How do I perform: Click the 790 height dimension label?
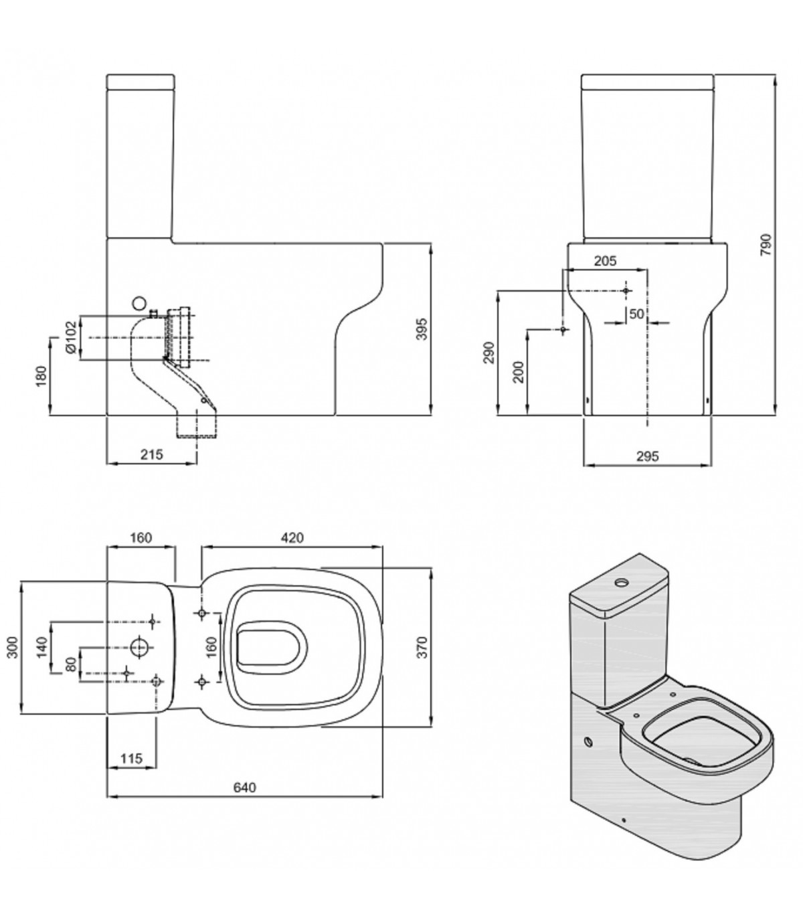tap(767, 245)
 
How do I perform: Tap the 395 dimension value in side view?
tap(422, 329)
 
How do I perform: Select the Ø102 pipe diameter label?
tap(70, 338)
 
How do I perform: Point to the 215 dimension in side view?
tap(153, 454)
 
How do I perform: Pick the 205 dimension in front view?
tap(604, 260)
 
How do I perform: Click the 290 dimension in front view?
tap(488, 353)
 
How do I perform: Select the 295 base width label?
tap(647, 456)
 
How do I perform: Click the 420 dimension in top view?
tap(292, 537)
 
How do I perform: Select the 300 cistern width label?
tap(12, 647)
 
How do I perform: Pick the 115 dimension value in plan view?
tap(132, 758)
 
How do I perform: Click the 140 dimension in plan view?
tap(41, 647)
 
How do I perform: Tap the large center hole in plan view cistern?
tap(140, 647)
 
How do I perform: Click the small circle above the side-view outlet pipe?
tap(139, 302)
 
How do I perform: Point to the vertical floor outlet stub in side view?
tap(197, 426)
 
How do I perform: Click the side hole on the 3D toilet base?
tap(588, 742)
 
